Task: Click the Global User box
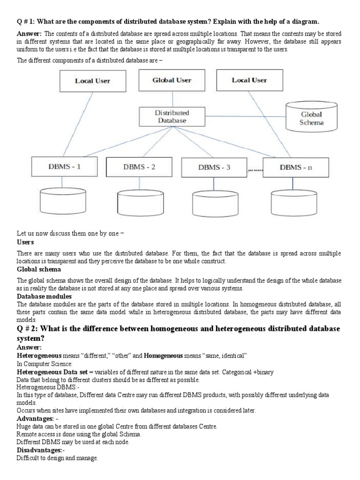172,80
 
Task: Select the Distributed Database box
172,116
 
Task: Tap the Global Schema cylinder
312,118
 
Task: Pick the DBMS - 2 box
139,167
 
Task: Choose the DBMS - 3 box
214,167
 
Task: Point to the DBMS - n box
296,167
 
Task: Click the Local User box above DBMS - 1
92,81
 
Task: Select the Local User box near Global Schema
249,80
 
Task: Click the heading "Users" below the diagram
25,242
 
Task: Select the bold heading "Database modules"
44,296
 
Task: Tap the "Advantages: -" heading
37,417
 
